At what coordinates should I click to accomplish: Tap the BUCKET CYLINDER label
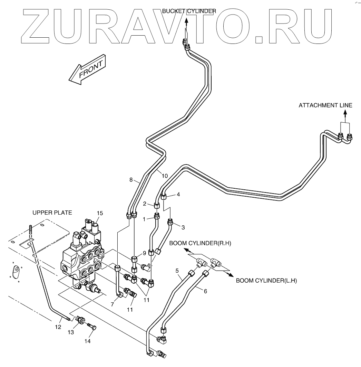189,11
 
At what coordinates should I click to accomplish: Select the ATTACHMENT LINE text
325,105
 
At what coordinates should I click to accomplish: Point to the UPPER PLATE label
52,213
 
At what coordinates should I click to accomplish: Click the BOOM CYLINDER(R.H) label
200,244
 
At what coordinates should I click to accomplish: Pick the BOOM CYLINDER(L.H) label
266,281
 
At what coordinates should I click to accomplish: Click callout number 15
100,213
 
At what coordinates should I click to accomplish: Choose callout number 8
131,180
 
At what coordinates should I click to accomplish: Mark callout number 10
165,176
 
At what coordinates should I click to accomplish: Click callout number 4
178,194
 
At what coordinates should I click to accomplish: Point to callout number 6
205,291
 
